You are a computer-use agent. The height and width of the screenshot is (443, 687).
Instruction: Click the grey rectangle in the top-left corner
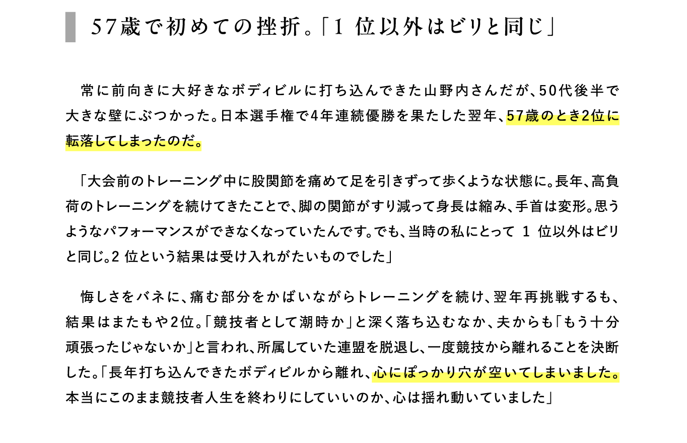[x=70, y=27]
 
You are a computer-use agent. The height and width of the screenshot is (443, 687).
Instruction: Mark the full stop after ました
[x=614, y=376]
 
